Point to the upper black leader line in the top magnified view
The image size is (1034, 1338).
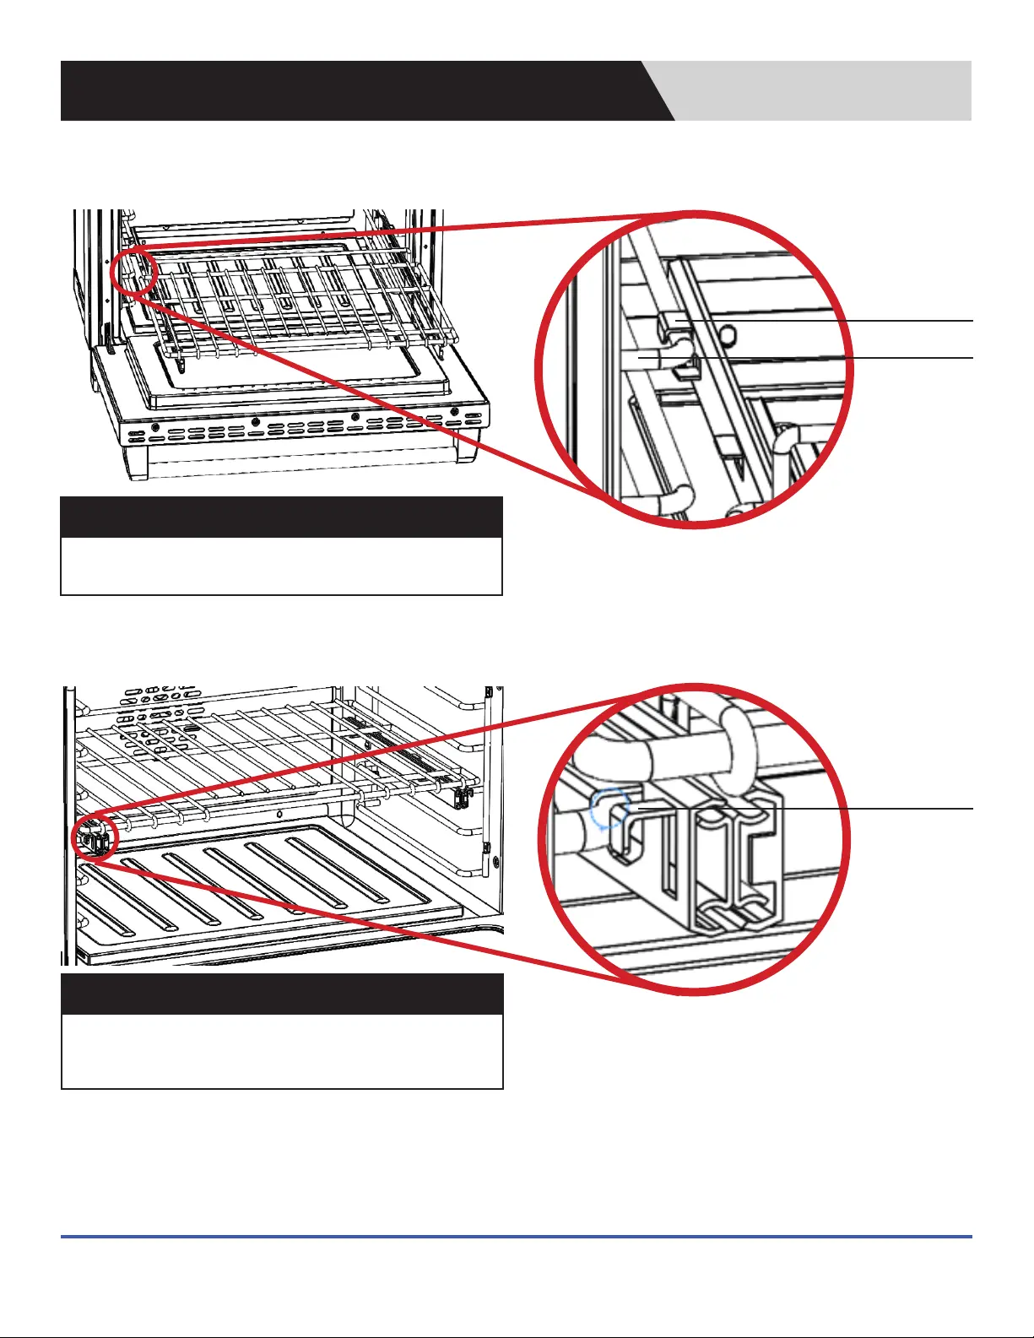[844, 321]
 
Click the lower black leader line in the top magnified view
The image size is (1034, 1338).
[844, 358]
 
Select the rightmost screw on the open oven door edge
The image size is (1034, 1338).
[454, 412]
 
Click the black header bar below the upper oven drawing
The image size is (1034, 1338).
[281, 517]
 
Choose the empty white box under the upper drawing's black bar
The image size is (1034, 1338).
[281, 566]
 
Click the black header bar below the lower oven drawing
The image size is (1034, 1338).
[282, 994]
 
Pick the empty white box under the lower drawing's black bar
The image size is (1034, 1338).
[282, 1051]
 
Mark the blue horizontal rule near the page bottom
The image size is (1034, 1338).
[516, 1237]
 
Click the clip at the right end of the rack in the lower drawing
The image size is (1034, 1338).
[462, 795]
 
